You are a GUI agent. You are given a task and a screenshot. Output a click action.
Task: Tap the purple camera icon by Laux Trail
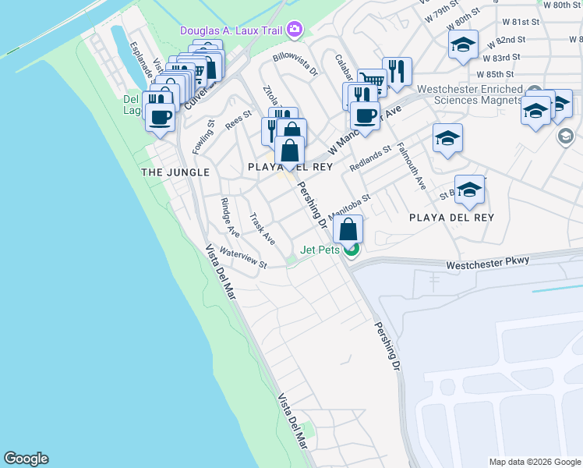(294, 30)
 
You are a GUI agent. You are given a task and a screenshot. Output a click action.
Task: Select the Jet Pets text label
(323, 250)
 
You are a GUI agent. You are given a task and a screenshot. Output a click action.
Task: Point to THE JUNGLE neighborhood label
(175, 172)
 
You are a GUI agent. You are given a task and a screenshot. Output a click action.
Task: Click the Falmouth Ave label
(412, 165)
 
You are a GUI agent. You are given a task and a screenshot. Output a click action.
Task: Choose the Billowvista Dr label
(295, 63)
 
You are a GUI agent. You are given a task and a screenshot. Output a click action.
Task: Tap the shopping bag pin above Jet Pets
(348, 229)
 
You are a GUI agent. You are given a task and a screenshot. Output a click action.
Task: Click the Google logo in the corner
(26, 459)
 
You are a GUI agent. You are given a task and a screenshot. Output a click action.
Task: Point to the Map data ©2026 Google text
(535, 462)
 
